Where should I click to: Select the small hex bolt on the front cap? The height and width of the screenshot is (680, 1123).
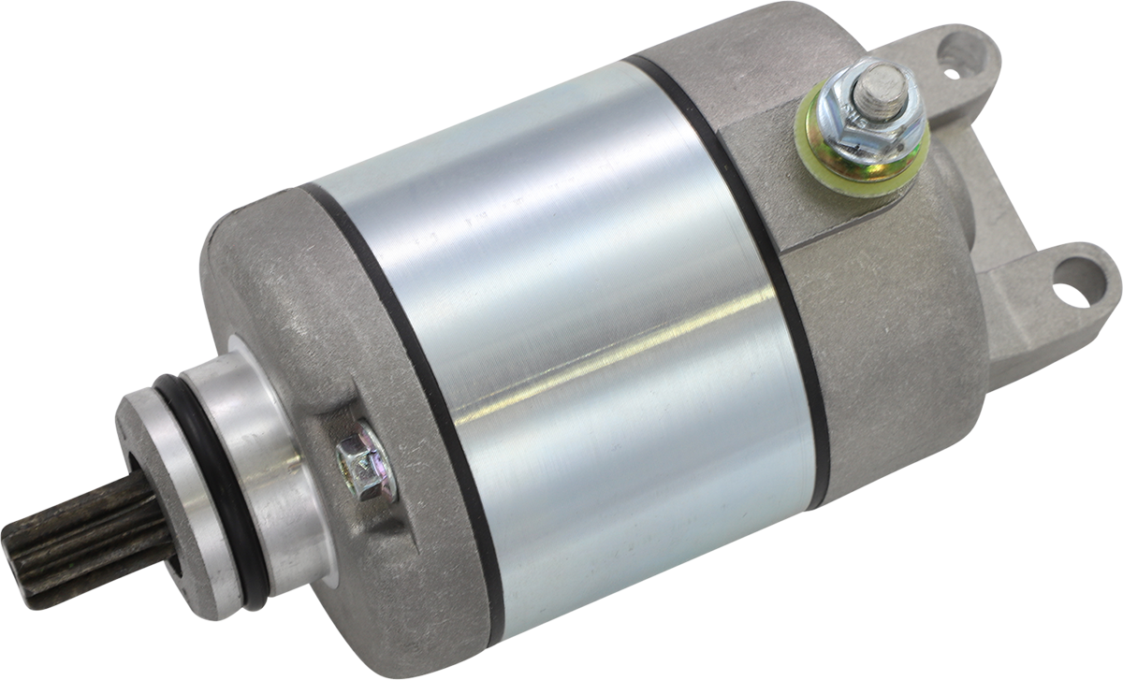[x=366, y=462]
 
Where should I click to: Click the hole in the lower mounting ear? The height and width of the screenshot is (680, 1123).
[x=1071, y=284]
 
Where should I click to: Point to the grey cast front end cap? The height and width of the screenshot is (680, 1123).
[x=281, y=309]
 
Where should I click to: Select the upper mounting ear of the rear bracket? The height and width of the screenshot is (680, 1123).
[x=955, y=65]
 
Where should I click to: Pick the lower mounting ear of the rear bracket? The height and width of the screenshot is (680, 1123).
[x=1057, y=299]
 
